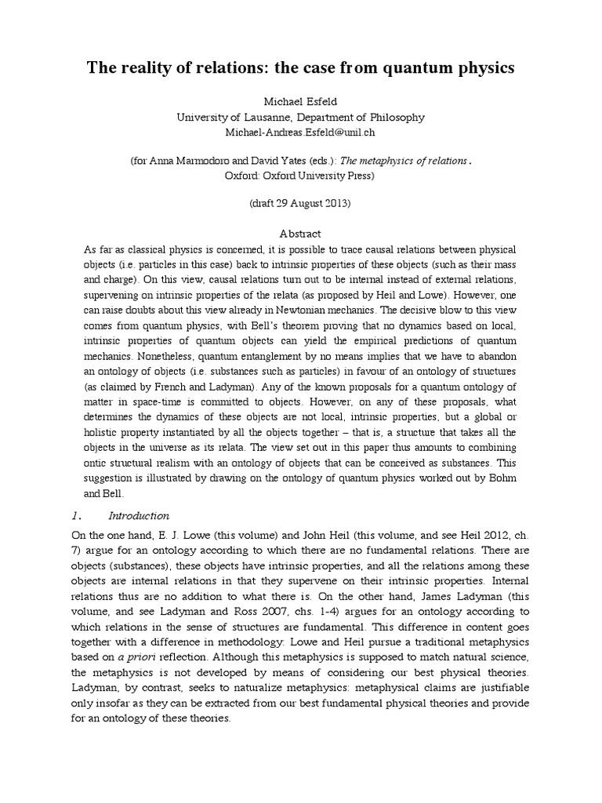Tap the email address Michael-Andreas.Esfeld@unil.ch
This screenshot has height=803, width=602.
(300, 131)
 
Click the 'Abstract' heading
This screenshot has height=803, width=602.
(300, 234)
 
